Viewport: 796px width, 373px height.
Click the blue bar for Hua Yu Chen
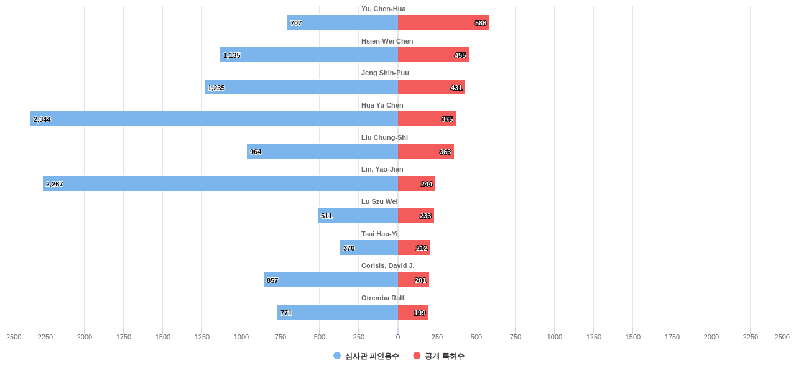(214, 119)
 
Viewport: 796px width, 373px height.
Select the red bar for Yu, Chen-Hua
(443, 22)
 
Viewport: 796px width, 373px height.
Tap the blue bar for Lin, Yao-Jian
(220, 183)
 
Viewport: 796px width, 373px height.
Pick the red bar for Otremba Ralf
(413, 312)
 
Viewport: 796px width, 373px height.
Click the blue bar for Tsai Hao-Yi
(369, 247)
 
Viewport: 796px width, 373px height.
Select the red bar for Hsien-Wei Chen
(433, 55)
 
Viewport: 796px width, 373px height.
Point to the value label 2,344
(42, 119)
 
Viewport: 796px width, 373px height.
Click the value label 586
(481, 23)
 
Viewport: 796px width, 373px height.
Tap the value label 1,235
(216, 88)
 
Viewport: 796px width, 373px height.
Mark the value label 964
(256, 152)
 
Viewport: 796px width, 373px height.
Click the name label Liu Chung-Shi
(384, 137)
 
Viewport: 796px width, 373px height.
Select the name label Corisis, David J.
(387, 265)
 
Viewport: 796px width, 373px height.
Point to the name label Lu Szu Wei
(379, 201)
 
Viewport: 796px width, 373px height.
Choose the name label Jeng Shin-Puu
(385, 73)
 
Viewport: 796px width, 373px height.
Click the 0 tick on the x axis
(398, 337)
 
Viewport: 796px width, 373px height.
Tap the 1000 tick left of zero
(241, 337)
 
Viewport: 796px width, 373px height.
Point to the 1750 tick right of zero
(672, 337)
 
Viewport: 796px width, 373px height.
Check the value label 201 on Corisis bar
(420, 280)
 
